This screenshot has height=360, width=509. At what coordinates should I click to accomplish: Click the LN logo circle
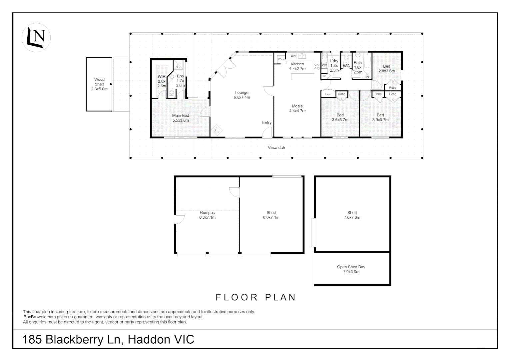click(x=36, y=38)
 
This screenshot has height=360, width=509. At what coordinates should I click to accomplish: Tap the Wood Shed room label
click(x=99, y=84)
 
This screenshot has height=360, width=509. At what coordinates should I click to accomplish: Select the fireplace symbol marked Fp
click(x=217, y=130)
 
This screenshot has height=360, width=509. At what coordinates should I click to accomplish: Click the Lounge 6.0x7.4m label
click(x=242, y=95)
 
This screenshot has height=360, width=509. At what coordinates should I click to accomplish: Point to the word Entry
click(x=267, y=123)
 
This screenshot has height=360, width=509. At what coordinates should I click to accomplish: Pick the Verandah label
click(x=276, y=148)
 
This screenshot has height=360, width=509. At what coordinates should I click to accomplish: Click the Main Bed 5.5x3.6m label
click(x=181, y=118)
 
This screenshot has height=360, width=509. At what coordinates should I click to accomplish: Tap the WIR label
click(x=162, y=76)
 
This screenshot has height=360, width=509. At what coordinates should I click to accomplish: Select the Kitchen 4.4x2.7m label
click(x=297, y=66)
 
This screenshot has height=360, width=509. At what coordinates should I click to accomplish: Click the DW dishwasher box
click(x=293, y=56)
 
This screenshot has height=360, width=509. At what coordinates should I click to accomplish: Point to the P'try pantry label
click(x=281, y=59)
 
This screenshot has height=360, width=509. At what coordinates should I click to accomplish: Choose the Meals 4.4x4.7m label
click(x=297, y=108)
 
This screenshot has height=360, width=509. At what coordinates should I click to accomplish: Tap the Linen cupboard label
click(x=328, y=94)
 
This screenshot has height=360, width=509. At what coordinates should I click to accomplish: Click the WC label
click(x=346, y=66)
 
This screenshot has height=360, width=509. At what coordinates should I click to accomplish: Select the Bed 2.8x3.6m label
click(x=386, y=68)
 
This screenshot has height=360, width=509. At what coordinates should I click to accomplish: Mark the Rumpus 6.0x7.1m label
click(x=207, y=215)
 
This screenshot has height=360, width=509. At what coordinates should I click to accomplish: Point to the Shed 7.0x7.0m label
click(x=352, y=215)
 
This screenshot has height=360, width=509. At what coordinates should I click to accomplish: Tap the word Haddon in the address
click(x=149, y=340)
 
